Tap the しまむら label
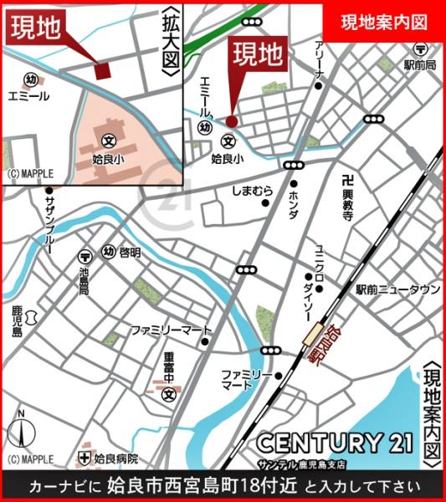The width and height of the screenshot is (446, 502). (x=253, y=192)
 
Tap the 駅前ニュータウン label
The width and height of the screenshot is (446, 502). (x=397, y=289)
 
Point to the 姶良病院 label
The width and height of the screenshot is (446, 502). (x=116, y=458)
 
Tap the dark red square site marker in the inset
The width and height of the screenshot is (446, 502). (x=102, y=70)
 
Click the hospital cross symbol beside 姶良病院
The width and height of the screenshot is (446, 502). (x=84, y=458)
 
